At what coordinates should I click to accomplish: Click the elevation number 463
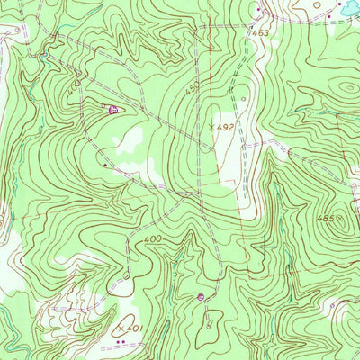coord(261,33)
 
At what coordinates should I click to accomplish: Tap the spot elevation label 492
coord(225,128)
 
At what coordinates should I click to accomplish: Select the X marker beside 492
coord(212,127)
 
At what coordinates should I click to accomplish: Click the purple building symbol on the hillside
coord(112,110)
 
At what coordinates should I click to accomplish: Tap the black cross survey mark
coord(265,245)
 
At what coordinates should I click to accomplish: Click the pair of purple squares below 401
coord(120,342)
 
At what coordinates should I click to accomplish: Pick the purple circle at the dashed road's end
coord(200,296)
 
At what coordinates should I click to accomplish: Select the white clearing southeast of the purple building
coord(131,137)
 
